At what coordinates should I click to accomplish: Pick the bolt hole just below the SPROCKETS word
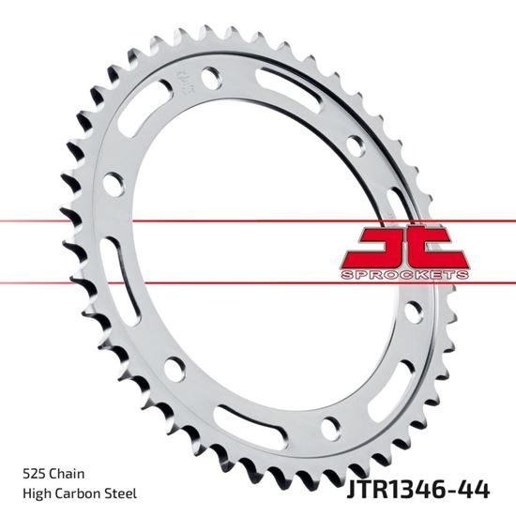[412, 313]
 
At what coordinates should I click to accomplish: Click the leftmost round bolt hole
[113, 185]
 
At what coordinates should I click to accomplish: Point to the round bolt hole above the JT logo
[354, 146]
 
